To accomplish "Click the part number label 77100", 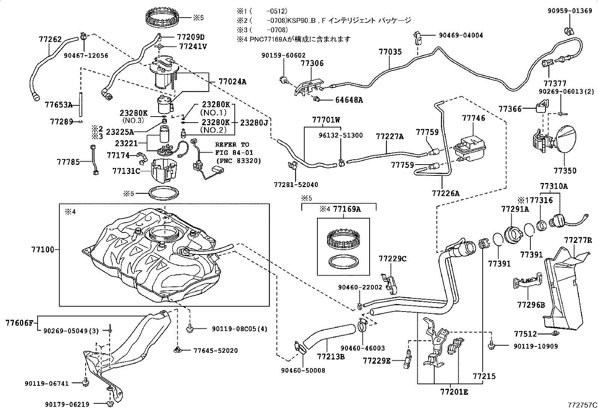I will tap(44, 249).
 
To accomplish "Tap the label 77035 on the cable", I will tap(390, 51).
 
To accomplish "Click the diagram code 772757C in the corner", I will tap(582, 405).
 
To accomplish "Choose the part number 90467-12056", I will tap(86, 55).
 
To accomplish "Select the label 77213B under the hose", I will tap(331, 356).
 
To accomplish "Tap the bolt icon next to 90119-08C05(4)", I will tap(189, 329).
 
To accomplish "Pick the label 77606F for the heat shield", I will tap(20, 322).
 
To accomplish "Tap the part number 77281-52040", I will tap(296, 184).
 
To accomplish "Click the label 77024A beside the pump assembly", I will tap(233, 81).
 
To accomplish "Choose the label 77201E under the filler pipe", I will tap(455, 392).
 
